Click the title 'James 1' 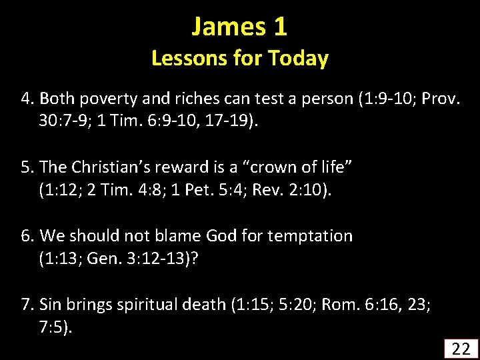pos(239,27)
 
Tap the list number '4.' pos(28,99)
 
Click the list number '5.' pos(28,167)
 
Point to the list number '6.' pos(28,235)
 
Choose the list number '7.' pos(28,305)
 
